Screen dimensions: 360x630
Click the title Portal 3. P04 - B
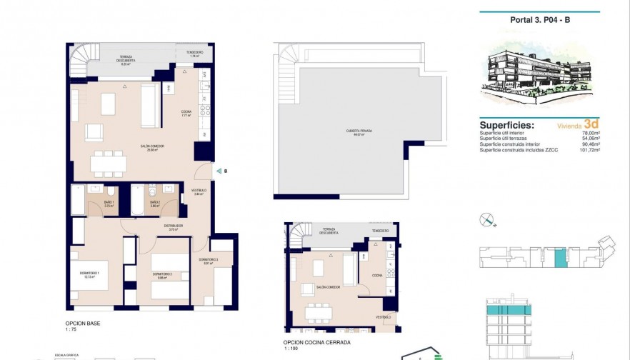pyautogui.click(x=541, y=20)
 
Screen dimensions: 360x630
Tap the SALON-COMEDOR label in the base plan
pyautogui.click(x=155, y=146)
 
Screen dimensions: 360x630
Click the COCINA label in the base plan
pyautogui.click(x=186, y=121)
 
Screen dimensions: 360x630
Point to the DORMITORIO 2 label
pyautogui.click(x=161, y=275)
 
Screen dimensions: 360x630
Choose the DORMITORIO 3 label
pyautogui.click(x=208, y=260)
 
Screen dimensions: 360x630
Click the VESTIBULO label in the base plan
pyautogui.click(x=200, y=191)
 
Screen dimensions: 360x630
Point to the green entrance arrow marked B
pyautogui.click(x=218, y=171)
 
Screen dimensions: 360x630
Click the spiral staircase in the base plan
pyautogui.click(x=84, y=60)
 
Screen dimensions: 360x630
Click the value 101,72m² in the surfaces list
pyautogui.click(x=589, y=150)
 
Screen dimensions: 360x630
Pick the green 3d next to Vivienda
pyautogui.click(x=591, y=124)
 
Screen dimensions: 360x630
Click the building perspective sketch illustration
pyautogui.click(x=539, y=71)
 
